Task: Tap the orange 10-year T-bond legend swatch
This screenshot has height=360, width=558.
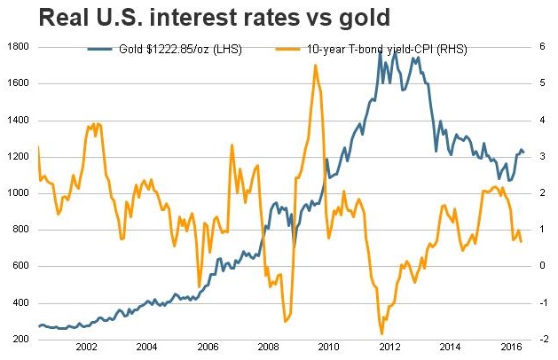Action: point(266,50)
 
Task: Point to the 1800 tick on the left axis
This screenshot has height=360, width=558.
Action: point(19,46)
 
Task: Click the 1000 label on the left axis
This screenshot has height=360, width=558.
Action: point(19,192)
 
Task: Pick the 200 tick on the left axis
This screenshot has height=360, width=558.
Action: point(21,340)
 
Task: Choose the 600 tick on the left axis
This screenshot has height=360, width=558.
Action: point(21,266)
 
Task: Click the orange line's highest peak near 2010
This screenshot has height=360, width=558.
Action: point(316,65)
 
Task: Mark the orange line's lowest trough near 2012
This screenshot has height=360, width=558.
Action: point(381,334)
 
